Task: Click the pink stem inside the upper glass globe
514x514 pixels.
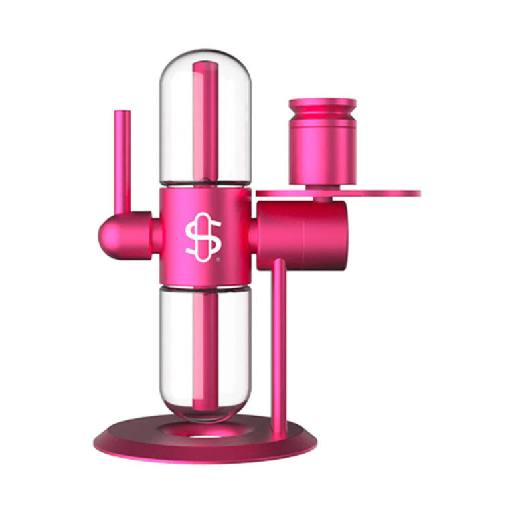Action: pos(204,120)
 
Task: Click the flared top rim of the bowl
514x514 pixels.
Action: pos(322,106)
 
